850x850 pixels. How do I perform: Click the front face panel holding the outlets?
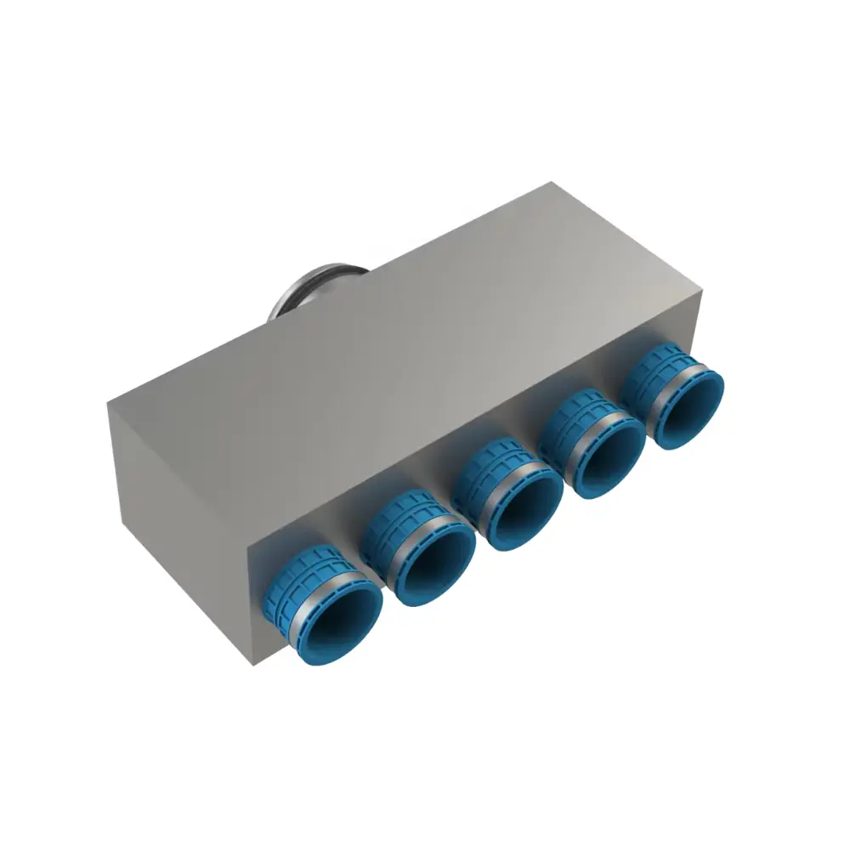click(476, 442)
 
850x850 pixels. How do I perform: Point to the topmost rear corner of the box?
click(553, 182)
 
